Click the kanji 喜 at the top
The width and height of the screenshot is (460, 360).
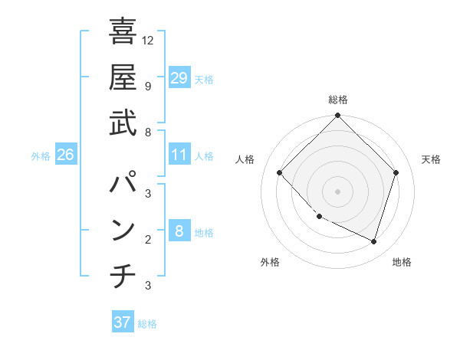coord(123,32)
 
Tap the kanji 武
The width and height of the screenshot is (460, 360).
coord(123,123)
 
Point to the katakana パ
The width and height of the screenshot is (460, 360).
coord(123,185)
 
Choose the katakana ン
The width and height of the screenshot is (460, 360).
coord(123,231)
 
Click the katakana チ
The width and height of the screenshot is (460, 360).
coord(123,277)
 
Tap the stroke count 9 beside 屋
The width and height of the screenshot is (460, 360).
coord(148,86)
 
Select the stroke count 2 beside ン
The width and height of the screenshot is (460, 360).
coord(148,240)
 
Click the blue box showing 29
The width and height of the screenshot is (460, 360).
coord(179,78)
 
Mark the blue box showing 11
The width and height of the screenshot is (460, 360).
coord(179,155)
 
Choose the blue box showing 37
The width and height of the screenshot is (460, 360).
coord(122,322)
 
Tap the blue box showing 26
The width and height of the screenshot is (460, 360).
coord(65,155)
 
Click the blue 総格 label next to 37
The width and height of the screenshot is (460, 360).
coord(147,324)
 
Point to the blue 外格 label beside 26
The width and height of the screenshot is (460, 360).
coord(41,156)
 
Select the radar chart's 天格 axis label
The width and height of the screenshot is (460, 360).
coord(432,159)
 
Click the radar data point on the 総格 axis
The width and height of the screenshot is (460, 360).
coord(337,116)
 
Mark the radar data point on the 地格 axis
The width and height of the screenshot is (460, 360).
coord(374,242)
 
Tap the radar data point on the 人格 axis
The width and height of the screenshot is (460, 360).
coord(280,173)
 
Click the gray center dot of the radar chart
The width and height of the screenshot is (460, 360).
coord(337,191)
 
